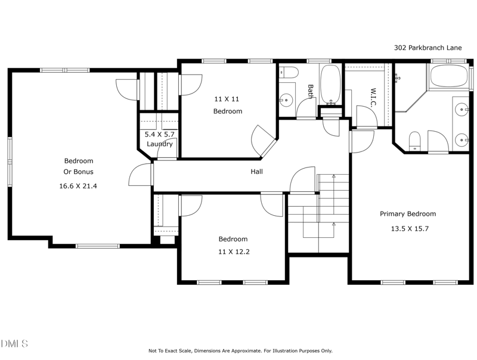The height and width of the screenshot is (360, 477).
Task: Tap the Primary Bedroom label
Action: point(408,214)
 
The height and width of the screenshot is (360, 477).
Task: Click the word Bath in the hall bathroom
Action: point(310,91)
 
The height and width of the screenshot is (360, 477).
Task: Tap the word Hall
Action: point(257,172)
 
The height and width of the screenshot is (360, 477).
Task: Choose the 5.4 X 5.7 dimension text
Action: point(160,134)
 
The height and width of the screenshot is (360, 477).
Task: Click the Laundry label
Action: point(160,144)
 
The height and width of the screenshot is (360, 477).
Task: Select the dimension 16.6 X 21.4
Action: point(79,186)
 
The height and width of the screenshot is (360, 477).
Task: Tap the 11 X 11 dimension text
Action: point(227,98)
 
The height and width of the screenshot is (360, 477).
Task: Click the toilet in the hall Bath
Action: point(290,73)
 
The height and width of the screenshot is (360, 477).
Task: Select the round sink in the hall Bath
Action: point(286,100)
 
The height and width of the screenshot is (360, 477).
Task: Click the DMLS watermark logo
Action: point(15,343)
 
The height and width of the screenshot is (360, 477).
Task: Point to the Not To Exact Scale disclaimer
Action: point(240,351)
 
